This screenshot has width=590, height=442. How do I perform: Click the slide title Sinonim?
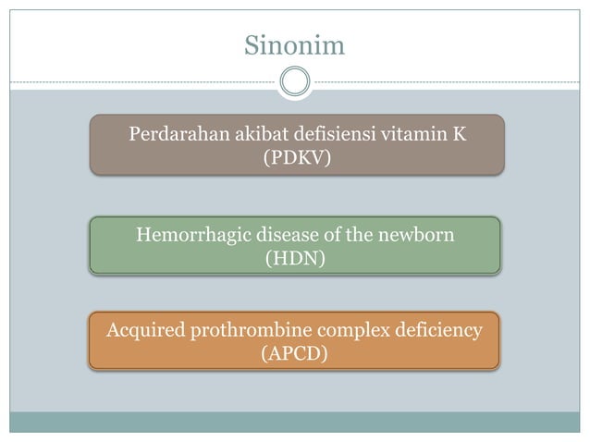pyautogui.click(x=294, y=44)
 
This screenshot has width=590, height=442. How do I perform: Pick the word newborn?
pyautogui.click(x=417, y=235)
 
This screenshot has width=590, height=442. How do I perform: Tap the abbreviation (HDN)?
pyautogui.click(x=295, y=259)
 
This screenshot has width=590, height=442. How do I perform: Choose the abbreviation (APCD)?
pyautogui.click(x=295, y=353)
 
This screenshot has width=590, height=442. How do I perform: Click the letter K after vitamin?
pyautogui.click(x=460, y=135)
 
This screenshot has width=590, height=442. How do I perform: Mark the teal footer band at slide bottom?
pyautogui.click(x=295, y=423)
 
